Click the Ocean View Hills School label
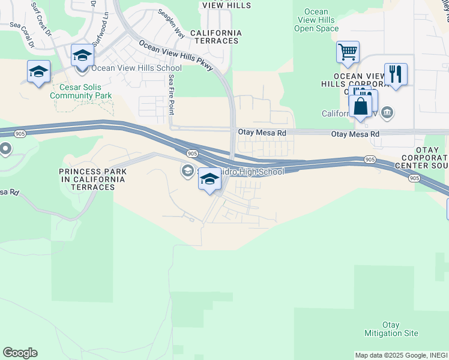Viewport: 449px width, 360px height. pyautogui.click(x=136, y=68)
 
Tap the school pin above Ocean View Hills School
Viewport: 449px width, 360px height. pyautogui.click(x=82, y=56)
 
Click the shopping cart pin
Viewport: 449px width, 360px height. pyautogui.click(x=348, y=52)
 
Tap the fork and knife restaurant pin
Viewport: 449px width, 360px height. pyautogui.click(x=396, y=74)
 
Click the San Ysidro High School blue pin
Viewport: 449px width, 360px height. pyautogui.click(x=209, y=179)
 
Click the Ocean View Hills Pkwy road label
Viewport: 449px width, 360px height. pyautogui.click(x=175, y=56)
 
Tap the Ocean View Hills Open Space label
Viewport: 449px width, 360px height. pyautogui.click(x=316, y=20)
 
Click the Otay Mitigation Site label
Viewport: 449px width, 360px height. pyautogui.click(x=391, y=329)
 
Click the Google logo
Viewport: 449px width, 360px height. pyautogui.click(x=20, y=353)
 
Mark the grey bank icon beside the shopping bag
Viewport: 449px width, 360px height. pyautogui.click(x=387, y=112)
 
